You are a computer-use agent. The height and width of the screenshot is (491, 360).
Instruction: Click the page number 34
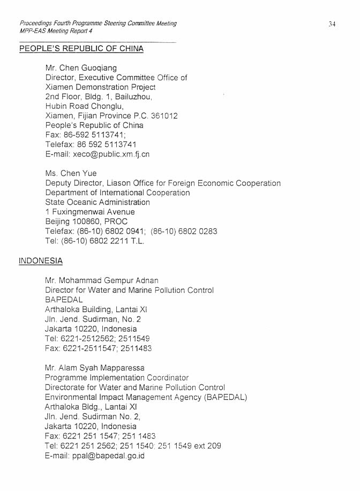pos(332,24)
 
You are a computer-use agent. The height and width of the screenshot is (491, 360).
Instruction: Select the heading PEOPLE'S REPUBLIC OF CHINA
pos(81,49)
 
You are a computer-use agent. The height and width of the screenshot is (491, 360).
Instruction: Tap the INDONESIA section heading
pos(41,261)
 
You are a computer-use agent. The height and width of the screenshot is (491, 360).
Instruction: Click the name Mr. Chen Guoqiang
pos(81,68)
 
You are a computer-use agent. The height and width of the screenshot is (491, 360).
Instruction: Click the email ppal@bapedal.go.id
pos(108,456)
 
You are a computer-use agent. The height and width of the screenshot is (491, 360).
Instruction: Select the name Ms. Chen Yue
pos(71,173)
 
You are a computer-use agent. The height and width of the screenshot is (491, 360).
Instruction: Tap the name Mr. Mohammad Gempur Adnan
pos(102,280)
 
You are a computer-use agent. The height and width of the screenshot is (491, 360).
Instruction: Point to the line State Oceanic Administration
pos(97,203)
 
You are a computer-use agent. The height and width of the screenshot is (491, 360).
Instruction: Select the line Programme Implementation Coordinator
pos(117,378)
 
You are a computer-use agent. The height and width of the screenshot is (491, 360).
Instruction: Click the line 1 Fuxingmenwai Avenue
pos(90,212)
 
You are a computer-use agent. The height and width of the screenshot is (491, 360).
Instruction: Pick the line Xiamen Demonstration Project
pos(100,87)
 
